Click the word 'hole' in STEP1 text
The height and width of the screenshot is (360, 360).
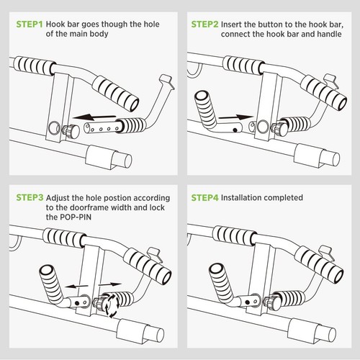click(x=149, y=24)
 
